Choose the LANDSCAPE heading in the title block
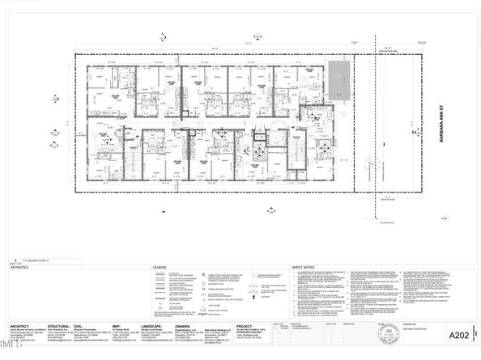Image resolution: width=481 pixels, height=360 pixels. pyautogui.click(x=159, y=325)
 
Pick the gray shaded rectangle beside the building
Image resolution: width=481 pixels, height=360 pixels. pyautogui.click(x=337, y=82)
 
